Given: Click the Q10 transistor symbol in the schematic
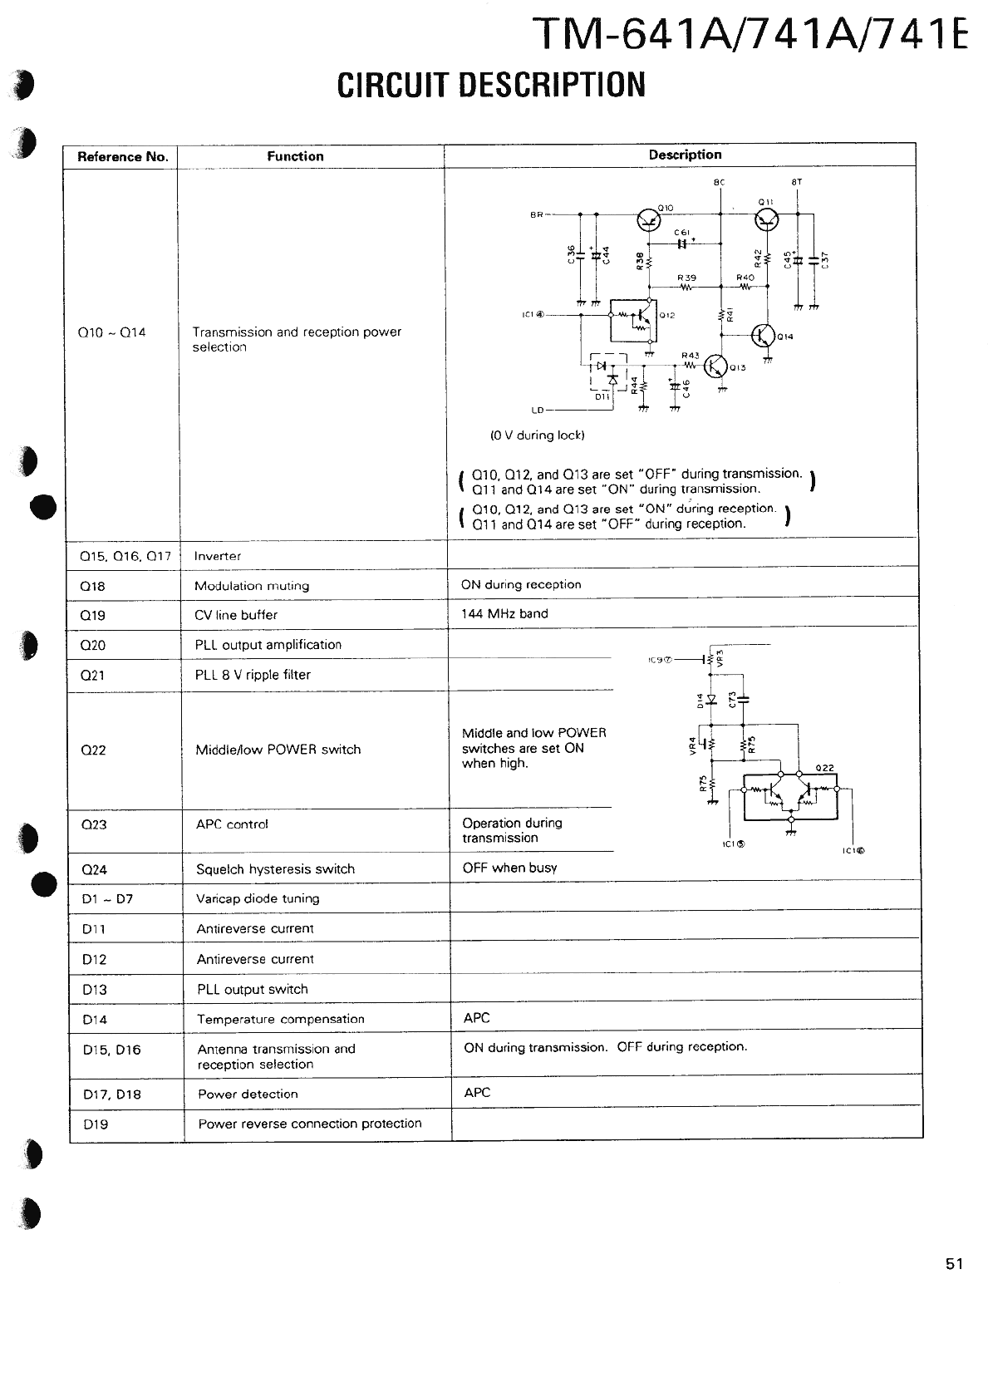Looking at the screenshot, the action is pyautogui.click(x=649, y=219).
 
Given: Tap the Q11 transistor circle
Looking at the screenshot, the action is pyautogui.click(x=767, y=219).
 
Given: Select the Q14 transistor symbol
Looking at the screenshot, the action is pyautogui.click(x=764, y=335).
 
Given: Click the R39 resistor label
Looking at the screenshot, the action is pyautogui.click(x=686, y=278).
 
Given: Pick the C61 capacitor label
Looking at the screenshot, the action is pyautogui.click(x=682, y=233).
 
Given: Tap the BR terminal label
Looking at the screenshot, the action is pyautogui.click(x=537, y=214).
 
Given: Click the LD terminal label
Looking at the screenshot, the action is pyautogui.click(x=537, y=411).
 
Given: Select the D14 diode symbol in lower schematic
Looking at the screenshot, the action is pyautogui.click(x=711, y=699).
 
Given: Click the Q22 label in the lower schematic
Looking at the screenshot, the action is pyautogui.click(x=824, y=768).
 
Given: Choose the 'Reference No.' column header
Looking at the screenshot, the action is pyautogui.click(x=122, y=156).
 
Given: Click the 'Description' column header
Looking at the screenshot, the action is pyautogui.click(x=685, y=155).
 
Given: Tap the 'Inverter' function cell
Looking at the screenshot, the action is pyautogui.click(x=218, y=556).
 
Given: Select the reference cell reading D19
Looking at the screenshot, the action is pyautogui.click(x=96, y=1124).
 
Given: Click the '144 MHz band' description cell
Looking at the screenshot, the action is pyautogui.click(x=504, y=613).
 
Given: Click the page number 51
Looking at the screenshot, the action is pyautogui.click(x=954, y=1264).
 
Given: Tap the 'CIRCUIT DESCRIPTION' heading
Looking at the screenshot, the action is pyautogui.click(x=491, y=85).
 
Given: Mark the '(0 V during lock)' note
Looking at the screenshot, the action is pyautogui.click(x=537, y=435).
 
